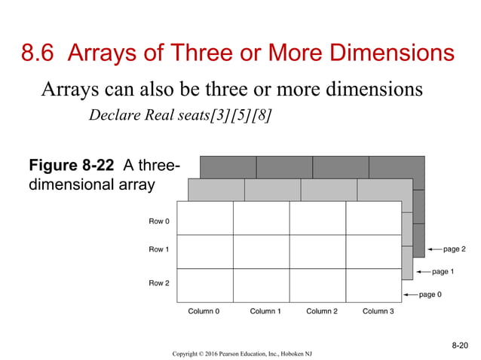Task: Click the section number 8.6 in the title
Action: (38, 53)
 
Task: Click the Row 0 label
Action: (158, 221)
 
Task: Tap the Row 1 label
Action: (158, 249)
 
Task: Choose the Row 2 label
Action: (158, 283)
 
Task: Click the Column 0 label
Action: (204, 311)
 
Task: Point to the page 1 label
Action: (443, 271)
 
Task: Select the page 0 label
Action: (430, 294)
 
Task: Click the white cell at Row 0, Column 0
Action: (204, 218)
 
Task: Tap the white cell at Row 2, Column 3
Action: (373, 285)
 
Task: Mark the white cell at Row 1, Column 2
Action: (317, 252)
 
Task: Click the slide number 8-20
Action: (459, 345)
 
